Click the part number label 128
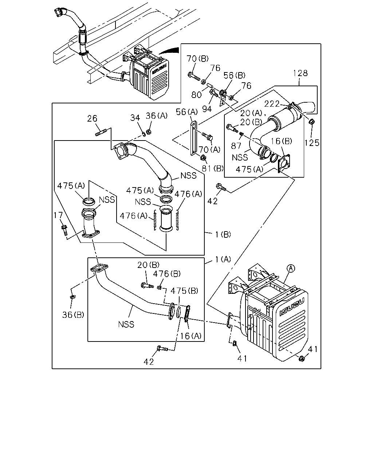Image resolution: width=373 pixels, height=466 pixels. point(300,73)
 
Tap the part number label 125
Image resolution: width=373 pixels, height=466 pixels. point(312,143)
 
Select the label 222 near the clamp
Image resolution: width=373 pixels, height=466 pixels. point(272,104)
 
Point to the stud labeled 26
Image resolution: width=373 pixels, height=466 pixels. point(101,133)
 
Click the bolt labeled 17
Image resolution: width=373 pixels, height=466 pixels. point(64,230)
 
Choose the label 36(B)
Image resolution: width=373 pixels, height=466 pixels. point(73,315)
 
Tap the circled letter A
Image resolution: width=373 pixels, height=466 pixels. point(291,269)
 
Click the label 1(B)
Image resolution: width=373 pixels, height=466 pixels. point(223,234)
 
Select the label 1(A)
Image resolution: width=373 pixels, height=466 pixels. point(223,259)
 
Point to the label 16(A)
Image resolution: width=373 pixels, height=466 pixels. point(191,336)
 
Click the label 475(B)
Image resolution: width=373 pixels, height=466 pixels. point(184,291)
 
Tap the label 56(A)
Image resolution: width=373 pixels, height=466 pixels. point(187,112)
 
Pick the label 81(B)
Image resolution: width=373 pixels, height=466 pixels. point(213,168)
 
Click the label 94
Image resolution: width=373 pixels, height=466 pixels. point(207,109)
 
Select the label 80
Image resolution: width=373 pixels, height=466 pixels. point(196,95)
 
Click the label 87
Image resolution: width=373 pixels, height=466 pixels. point(236,146)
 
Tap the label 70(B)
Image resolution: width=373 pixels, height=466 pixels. point(197,59)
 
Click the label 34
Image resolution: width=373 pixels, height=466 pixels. point(135,118)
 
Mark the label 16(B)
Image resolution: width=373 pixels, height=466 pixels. point(281,141)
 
